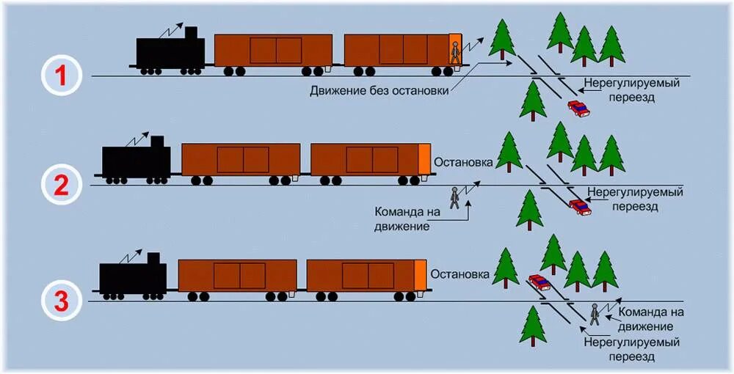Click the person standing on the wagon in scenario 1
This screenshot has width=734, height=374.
(455, 54)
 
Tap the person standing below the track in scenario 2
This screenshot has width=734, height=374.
(455, 198)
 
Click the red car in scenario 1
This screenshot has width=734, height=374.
(578, 109)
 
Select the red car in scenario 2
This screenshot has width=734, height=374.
(581, 208)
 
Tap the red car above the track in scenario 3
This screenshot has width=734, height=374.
(539, 282)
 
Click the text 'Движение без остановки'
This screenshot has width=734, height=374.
(379, 92)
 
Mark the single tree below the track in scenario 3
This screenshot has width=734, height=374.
(532, 326)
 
